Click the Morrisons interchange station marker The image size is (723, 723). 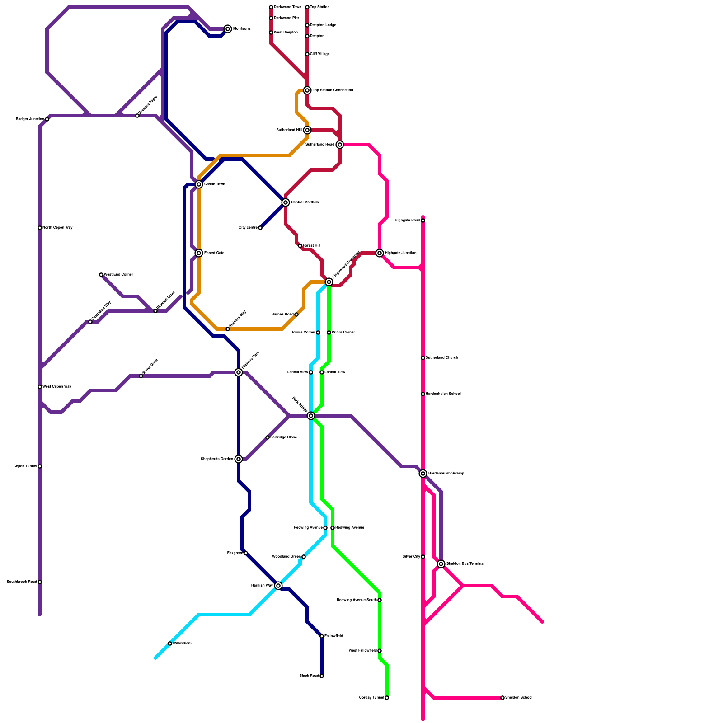click(x=228, y=29)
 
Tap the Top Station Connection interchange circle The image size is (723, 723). click(x=307, y=90)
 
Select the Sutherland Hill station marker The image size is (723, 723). click(x=307, y=130)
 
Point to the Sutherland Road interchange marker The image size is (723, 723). click(x=340, y=145)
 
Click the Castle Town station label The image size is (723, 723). click(x=214, y=184)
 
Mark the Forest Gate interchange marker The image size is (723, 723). click(x=199, y=253)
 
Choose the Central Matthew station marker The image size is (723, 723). click(x=286, y=202)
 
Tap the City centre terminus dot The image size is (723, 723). click(x=260, y=228)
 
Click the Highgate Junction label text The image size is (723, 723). click(x=400, y=253)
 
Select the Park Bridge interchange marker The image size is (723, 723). click(x=311, y=416)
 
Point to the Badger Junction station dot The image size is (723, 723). click(x=47, y=119)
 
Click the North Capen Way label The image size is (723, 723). click(x=57, y=228)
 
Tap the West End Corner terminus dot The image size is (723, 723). click(x=101, y=275)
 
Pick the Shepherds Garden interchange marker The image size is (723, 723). click(x=239, y=459)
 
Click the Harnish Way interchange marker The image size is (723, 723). click(x=278, y=586)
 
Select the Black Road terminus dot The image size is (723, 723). click(x=322, y=676)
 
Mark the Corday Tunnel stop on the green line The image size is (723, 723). click(x=387, y=698)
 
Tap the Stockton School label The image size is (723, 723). click(x=518, y=698)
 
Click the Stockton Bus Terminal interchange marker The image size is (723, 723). click(x=441, y=564)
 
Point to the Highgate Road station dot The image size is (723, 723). click(x=423, y=221)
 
